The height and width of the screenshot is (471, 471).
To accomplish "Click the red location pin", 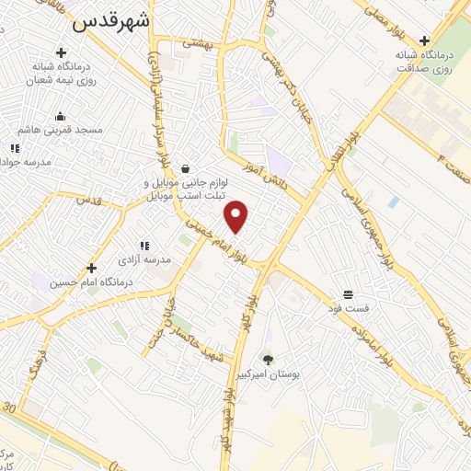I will tap(237, 214).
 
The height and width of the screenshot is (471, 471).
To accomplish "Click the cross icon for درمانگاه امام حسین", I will tap(90, 268).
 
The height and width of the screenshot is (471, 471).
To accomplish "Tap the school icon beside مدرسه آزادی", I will tap(144, 246).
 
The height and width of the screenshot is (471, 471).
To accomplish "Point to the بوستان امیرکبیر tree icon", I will tap(268, 360).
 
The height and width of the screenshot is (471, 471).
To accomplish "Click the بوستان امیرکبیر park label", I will tap(269, 374).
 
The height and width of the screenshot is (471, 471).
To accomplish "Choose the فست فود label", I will tap(350, 309).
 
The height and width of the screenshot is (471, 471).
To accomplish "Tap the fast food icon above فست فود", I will tap(350, 294).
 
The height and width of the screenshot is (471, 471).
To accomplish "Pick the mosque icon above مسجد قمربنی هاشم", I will tap(60, 117).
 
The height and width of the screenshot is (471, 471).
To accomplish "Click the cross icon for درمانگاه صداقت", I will tap(424, 40).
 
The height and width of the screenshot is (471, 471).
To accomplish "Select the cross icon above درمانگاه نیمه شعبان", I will tap(62, 52).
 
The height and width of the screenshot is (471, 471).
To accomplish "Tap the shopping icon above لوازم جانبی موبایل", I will tap(186, 168).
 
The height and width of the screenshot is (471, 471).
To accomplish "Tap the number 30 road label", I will tap(10, 407).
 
